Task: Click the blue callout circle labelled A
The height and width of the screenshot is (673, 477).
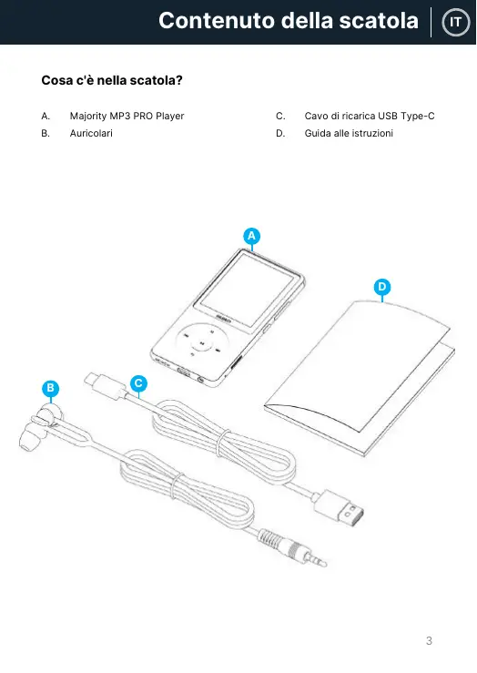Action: (252, 236)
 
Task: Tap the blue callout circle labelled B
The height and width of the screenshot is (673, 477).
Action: (51, 389)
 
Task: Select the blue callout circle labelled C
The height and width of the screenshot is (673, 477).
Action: (138, 383)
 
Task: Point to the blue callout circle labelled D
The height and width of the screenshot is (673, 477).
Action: (382, 287)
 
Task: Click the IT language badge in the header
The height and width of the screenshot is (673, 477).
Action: (455, 22)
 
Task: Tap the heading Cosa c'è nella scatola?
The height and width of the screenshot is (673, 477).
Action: (112, 80)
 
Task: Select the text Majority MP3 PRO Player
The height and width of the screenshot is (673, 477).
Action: (127, 116)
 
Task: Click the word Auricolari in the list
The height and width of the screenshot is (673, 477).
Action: (91, 133)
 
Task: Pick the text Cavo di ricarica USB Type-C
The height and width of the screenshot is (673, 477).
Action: (370, 116)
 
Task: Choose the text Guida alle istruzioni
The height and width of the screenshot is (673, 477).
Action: (349, 133)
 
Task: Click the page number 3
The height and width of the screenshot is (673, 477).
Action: (429, 641)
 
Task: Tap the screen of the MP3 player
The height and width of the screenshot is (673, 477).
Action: (248, 290)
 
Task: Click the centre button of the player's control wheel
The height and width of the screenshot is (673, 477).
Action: (202, 343)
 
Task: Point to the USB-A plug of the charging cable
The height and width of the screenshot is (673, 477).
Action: (340, 508)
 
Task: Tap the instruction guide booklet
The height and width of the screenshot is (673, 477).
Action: (360, 379)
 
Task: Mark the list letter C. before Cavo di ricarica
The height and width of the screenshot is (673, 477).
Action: (280, 116)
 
